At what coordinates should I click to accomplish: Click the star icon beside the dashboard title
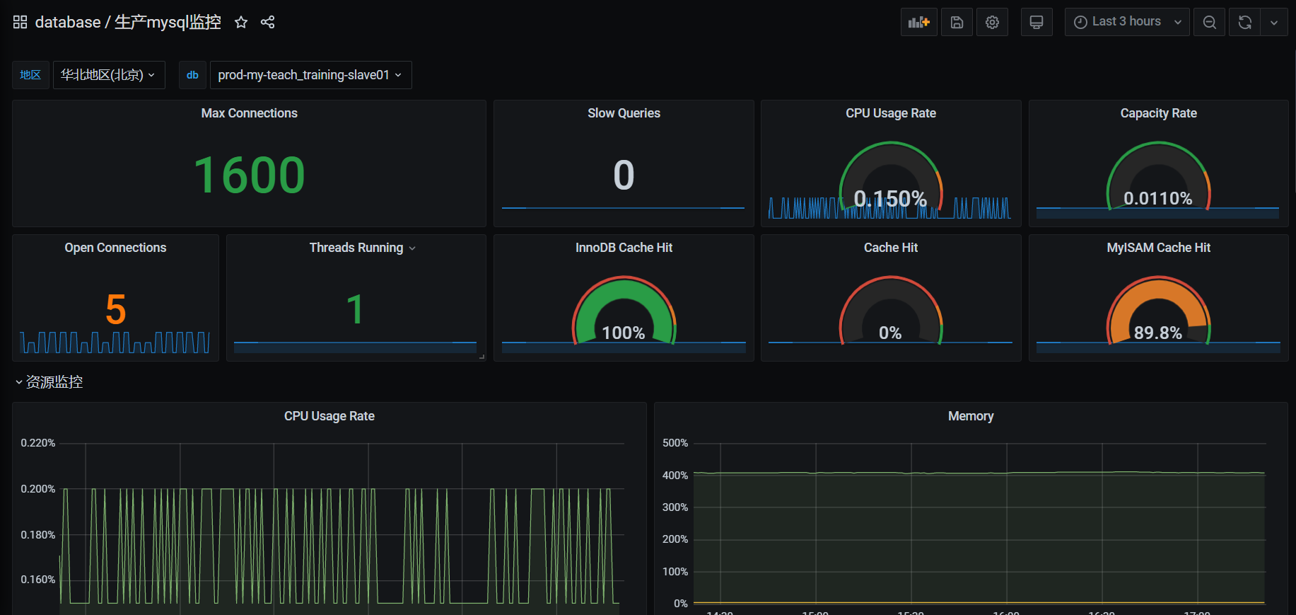pyautogui.click(x=241, y=22)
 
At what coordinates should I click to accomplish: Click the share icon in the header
pyautogui.click(x=267, y=22)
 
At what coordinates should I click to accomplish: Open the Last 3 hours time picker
pyautogui.click(x=1126, y=22)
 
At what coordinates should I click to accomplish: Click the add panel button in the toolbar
pyautogui.click(x=918, y=22)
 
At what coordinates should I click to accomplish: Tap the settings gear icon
pyautogui.click(x=992, y=22)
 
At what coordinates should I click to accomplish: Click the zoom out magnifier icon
pyautogui.click(x=1209, y=22)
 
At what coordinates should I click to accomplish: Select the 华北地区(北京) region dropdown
pyautogui.click(x=108, y=75)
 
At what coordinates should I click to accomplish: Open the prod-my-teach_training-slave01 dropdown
pyautogui.click(x=310, y=75)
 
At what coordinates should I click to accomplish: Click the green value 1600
pyautogui.click(x=249, y=175)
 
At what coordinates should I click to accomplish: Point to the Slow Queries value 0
pyautogui.click(x=624, y=175)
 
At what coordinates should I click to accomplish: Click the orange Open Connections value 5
pyautogui.click(x=115, y=309)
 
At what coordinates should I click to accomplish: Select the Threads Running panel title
pyautogui.click(x=356, y=248)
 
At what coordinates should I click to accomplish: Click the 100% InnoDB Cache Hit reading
pyautogui.click(x=623, y=333)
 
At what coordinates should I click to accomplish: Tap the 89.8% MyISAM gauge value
pyautogui.click(x=1157, y=333)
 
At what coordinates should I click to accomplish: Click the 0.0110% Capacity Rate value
pyautogui.click(x=1157, y=198)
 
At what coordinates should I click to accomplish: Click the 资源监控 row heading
pyautogui.click(x=54, y=382)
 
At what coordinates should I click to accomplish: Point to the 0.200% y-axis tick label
pyautogui.click(x=38, y=489)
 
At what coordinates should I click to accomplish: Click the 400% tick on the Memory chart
pyautogui.click(x=675, y=476)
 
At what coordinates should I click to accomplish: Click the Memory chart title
pyautogui.click(x=970, y=416)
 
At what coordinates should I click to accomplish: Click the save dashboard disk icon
pyautogui.click(x=956, y=22)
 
